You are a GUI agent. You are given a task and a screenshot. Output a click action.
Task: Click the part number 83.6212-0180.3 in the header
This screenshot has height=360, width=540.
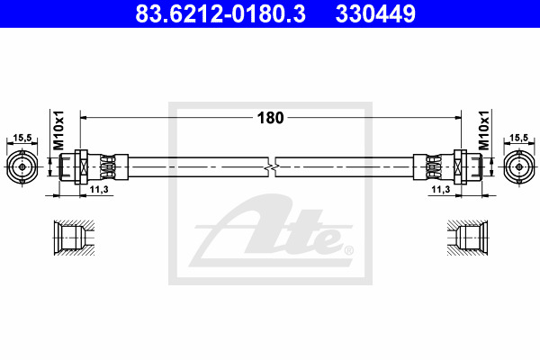[220, 13]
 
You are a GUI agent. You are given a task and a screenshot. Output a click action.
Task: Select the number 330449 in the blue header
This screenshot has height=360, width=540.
[375, 13]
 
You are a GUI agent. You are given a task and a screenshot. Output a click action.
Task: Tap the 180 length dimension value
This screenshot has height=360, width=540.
[270, 118]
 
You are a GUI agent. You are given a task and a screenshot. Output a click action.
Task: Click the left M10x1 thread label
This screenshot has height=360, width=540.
[58, 130]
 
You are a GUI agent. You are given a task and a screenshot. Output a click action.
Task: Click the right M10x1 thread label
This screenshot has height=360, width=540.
[483, 130]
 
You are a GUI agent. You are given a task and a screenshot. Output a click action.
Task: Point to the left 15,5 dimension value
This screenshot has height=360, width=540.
[22, 138]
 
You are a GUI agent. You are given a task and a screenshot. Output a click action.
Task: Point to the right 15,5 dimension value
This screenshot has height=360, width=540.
[518, 138]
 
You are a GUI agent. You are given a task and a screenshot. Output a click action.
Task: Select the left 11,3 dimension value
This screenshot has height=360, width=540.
[99, 189]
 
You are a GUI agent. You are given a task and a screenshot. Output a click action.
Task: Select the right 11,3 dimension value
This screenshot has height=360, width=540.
[441, 189]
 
